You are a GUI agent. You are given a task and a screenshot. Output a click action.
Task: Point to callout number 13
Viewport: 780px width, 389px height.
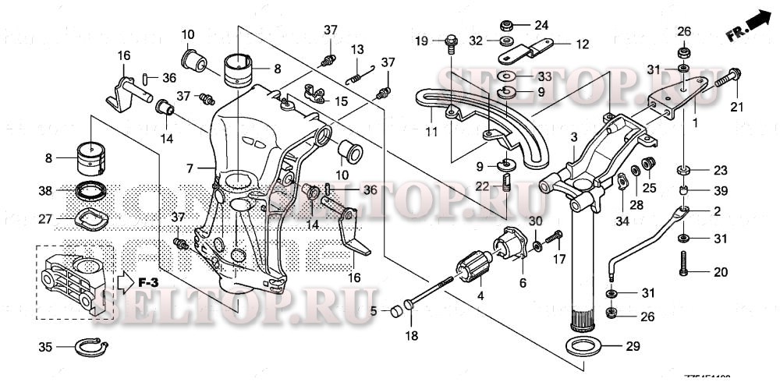point(356,49)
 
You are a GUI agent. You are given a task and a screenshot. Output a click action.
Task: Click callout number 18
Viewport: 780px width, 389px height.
point(412,335)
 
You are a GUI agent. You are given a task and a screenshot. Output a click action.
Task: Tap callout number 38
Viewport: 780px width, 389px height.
point(46,189)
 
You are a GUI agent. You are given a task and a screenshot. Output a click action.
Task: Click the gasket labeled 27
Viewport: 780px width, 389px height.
point(94,219)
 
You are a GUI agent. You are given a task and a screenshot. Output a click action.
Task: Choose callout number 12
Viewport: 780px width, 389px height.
point(583,44)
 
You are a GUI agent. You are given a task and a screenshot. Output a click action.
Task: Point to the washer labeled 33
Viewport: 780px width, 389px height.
point(508,77)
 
